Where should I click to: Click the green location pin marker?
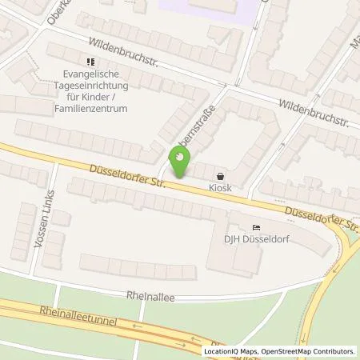pos(180,163)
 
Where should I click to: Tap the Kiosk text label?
pos(222,189)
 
